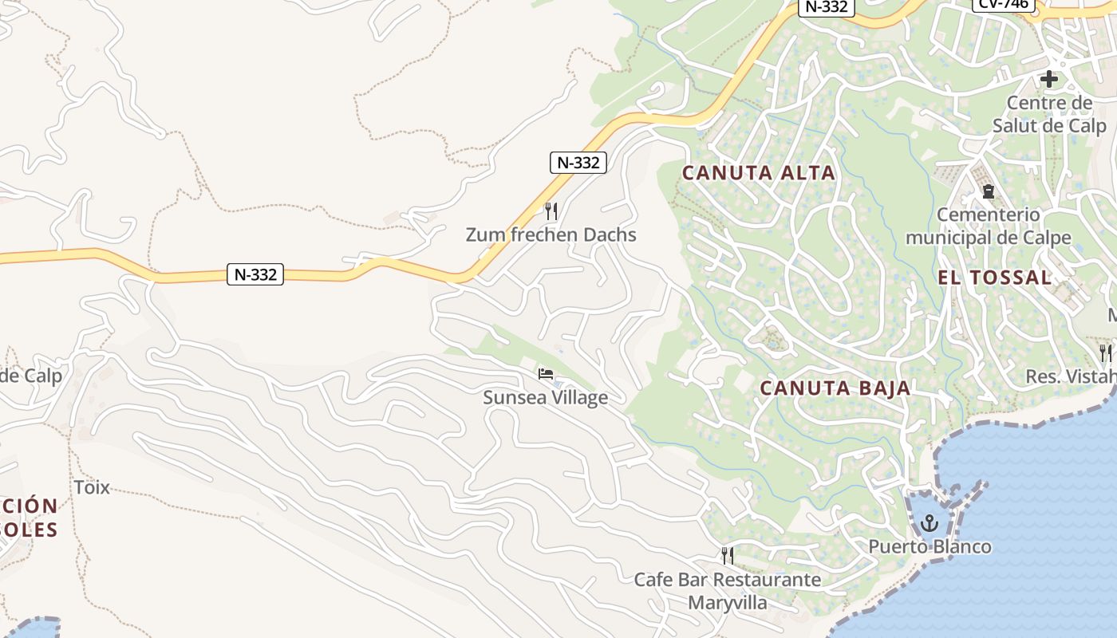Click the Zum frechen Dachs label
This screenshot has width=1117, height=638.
pos(551,234)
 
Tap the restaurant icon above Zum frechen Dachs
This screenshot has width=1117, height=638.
pos(551,211)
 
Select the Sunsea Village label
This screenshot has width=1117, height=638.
pos(545,397)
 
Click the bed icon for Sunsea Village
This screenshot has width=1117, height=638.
pos(546,373)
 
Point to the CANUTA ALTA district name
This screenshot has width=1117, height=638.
pos(758,172)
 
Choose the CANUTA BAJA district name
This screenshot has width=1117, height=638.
pos(835,388)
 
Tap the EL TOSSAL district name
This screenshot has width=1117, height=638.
pos(994,278)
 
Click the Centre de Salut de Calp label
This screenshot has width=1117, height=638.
pos(1049,114)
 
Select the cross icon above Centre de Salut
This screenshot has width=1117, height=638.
pos(1049,79)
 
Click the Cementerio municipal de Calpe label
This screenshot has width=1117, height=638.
pos(989,226)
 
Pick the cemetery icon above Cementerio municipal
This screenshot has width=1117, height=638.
pos(989,191)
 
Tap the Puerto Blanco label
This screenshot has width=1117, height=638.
pos(930,546)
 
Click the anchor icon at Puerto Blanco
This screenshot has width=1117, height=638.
pos(929,523)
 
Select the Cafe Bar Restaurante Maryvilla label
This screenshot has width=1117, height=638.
pos(727,590)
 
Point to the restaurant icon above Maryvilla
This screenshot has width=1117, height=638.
pos(728,555)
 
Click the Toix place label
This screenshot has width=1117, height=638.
pos(91,487)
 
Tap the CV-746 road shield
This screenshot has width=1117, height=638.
pos(1003,5)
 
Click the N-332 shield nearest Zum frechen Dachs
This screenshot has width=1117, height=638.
pos(578,163)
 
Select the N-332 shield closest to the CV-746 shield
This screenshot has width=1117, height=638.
pos(827,6)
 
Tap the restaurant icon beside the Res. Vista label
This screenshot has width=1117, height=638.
pos(1105,352)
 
